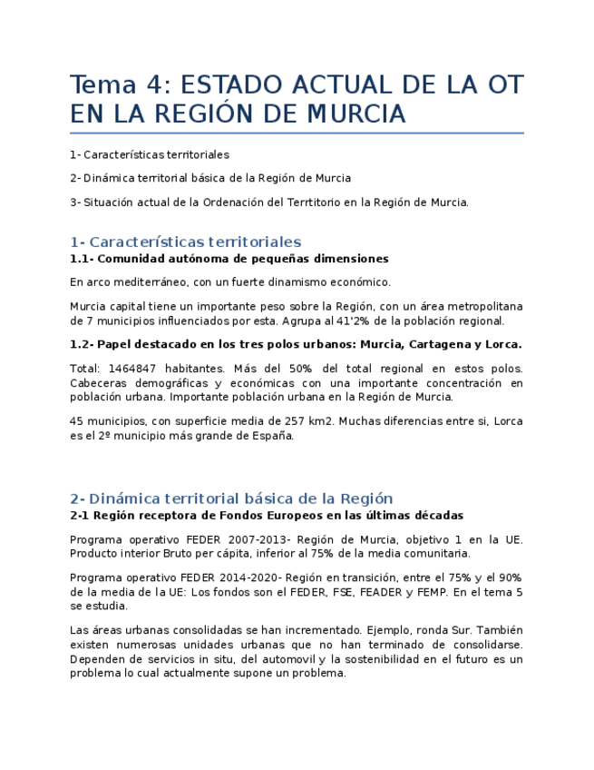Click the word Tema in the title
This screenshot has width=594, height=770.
pyautogui.click(x=99, y=85)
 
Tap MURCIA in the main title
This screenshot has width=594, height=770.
pyautogui.click(x=355, y=115)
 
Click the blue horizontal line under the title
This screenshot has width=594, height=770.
pyautogui.click(x=297, y=133)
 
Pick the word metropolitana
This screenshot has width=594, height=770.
pyautogui.click(x=485, y=306)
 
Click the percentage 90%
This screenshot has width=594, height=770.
pyautogui.click(x=509, y=577)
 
